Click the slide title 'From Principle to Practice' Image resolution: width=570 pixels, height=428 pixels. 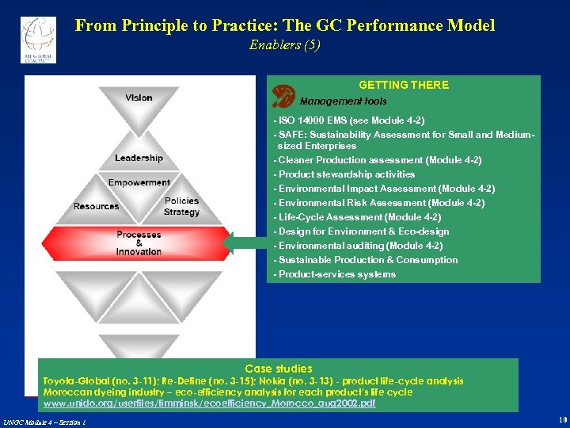pos(285,25)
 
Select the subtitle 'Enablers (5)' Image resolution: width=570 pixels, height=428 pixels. pos(285,45)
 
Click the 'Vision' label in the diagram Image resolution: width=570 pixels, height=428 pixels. pos(139,98)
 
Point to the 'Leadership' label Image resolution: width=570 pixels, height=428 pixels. pos(139,159)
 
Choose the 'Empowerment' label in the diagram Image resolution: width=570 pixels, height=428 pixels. pos(139,182)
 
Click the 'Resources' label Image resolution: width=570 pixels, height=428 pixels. pos(96,206)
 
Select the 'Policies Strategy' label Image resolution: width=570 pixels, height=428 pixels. pos(181,206)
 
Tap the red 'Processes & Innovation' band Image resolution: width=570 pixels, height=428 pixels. pos(139,243)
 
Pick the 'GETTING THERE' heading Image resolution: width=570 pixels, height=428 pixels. pos(404,85)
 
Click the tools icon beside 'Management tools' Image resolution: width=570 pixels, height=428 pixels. pos(283,97)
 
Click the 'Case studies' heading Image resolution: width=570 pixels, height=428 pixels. pos(279,369)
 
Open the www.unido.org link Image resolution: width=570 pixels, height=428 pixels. pos(209,403)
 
